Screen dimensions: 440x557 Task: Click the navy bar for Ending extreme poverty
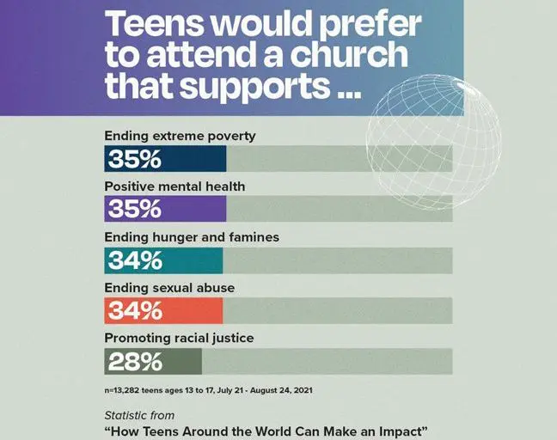(x=165, y=160)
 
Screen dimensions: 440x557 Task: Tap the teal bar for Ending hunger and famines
(x=163, y=260)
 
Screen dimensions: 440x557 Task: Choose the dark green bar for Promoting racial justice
(x=153, y=362)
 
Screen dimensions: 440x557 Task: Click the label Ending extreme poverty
(x=180, y=136)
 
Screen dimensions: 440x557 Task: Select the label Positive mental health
(x=174, y=186)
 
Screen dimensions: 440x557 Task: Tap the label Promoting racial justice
(x=179, y=339)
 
